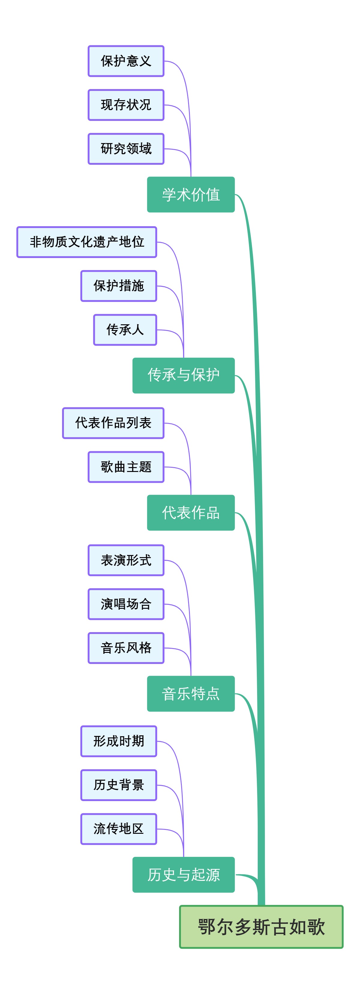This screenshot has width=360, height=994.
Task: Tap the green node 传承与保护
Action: click(x=183, y=375)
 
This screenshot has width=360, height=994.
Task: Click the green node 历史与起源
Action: click(x=183, y=874)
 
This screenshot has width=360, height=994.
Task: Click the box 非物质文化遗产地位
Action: click(x=87, y=242)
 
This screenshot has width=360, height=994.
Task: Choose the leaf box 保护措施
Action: click(x=118, y=286)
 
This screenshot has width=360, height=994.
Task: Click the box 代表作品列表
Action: click(x=113, y=423)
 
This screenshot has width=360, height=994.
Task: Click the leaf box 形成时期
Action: click(x=118, y=741)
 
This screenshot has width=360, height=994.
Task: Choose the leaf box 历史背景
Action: click(x=118, y=785)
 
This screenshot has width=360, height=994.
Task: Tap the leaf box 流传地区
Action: click(x=118, y=829)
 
